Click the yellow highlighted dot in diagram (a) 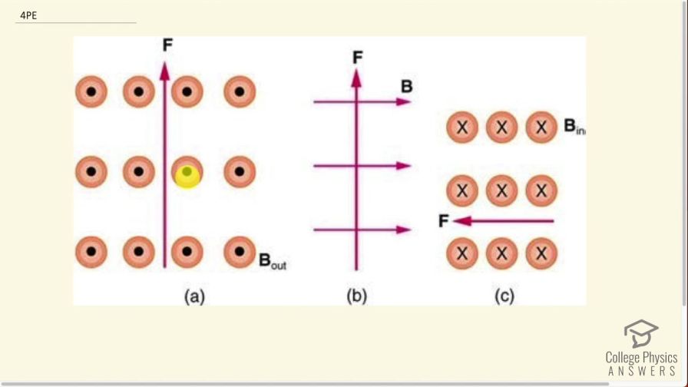[187, 175]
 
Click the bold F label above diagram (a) [167, 45]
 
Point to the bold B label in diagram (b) [406, 87]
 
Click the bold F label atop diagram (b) [357, 58]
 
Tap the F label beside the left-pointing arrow [443, 221]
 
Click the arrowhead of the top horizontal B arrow [405, 101]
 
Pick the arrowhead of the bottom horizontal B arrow [405, 230]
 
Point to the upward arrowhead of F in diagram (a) [164, 68]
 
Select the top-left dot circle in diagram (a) [91, 92]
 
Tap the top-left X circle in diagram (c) [462, 127]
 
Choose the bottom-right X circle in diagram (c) [541, 253]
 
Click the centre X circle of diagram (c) [502, 190]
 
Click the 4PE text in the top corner [29, 14]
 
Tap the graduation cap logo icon [640, 334]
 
